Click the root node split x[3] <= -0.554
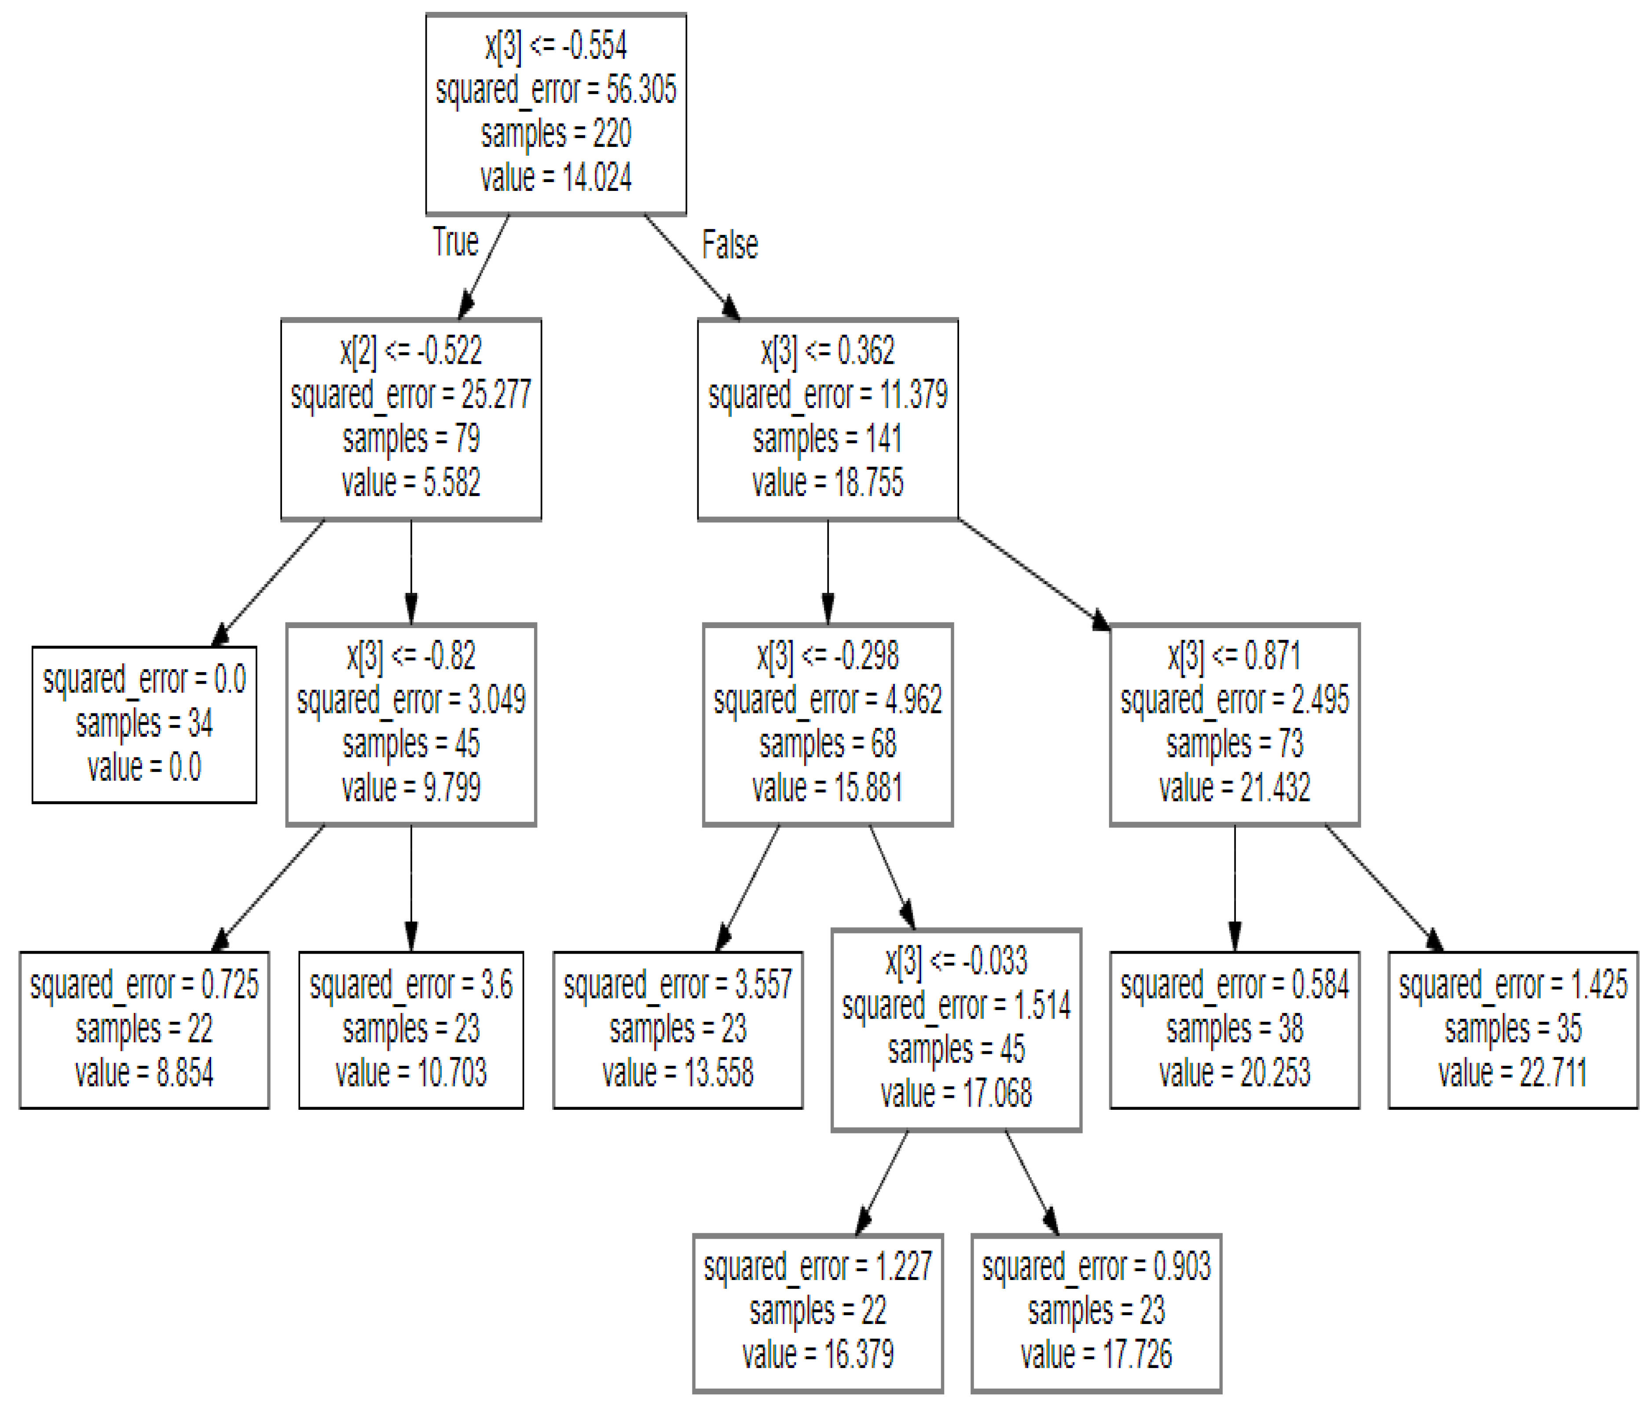tap(556, 45)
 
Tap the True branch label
tap(455, 241)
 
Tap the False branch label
tap(729, 245)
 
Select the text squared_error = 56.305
tap(556, 89)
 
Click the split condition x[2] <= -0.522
tap(410, 351)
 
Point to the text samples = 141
tap(828, 439)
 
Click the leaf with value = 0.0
tap(144, 724)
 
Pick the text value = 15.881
tap(828, 788)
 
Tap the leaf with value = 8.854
tap(144, 1029)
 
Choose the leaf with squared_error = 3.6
tap(410, 1029)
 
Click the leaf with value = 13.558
tap(678, 1029)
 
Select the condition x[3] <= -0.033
tap(956, 961)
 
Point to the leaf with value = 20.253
tap(1234, 1029)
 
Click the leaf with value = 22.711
tap(1513, 1029)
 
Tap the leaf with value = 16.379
tap(818, 1312)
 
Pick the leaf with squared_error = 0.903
tap(1096, 1312)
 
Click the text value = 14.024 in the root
tap(556, 177)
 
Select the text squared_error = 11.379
tap(828, 395)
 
